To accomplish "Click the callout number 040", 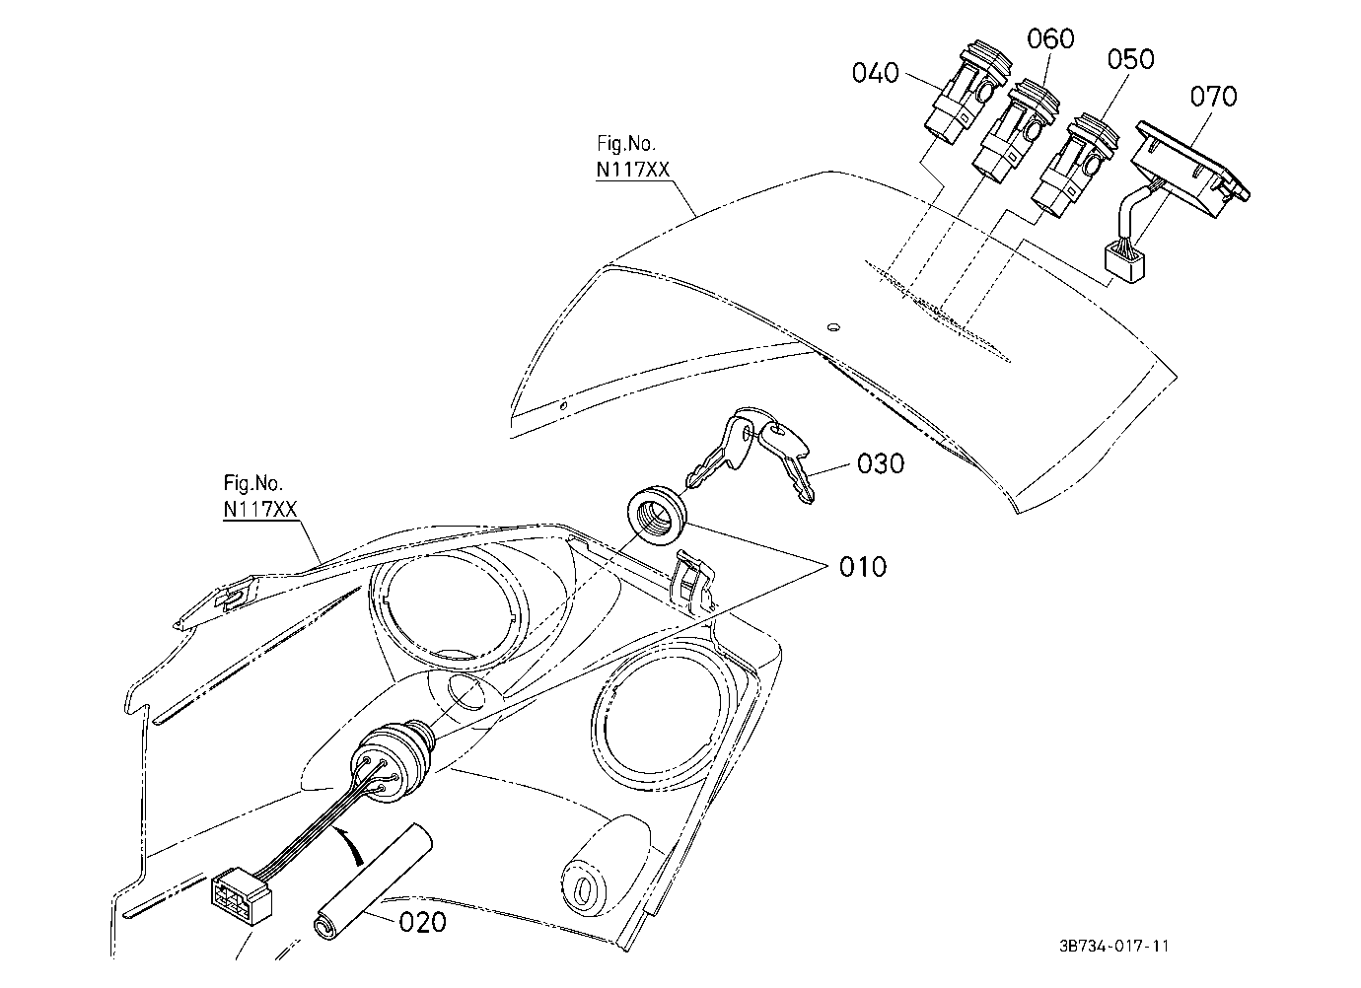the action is (875, 73).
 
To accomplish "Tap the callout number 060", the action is (1050, 38).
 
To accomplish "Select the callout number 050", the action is (1131, 59).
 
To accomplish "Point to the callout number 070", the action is (1213, 97).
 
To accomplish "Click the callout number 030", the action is (881, 464).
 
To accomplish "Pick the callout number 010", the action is (863, 567).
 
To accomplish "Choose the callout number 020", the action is (422, 922).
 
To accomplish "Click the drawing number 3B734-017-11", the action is (1113, 946).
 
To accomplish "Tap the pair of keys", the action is (749, 453).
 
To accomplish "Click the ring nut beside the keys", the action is (656, 514).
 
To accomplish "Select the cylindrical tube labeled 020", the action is (373, 882).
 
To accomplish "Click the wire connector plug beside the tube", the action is (242, 900).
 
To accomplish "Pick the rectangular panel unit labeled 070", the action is (1189, 172).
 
